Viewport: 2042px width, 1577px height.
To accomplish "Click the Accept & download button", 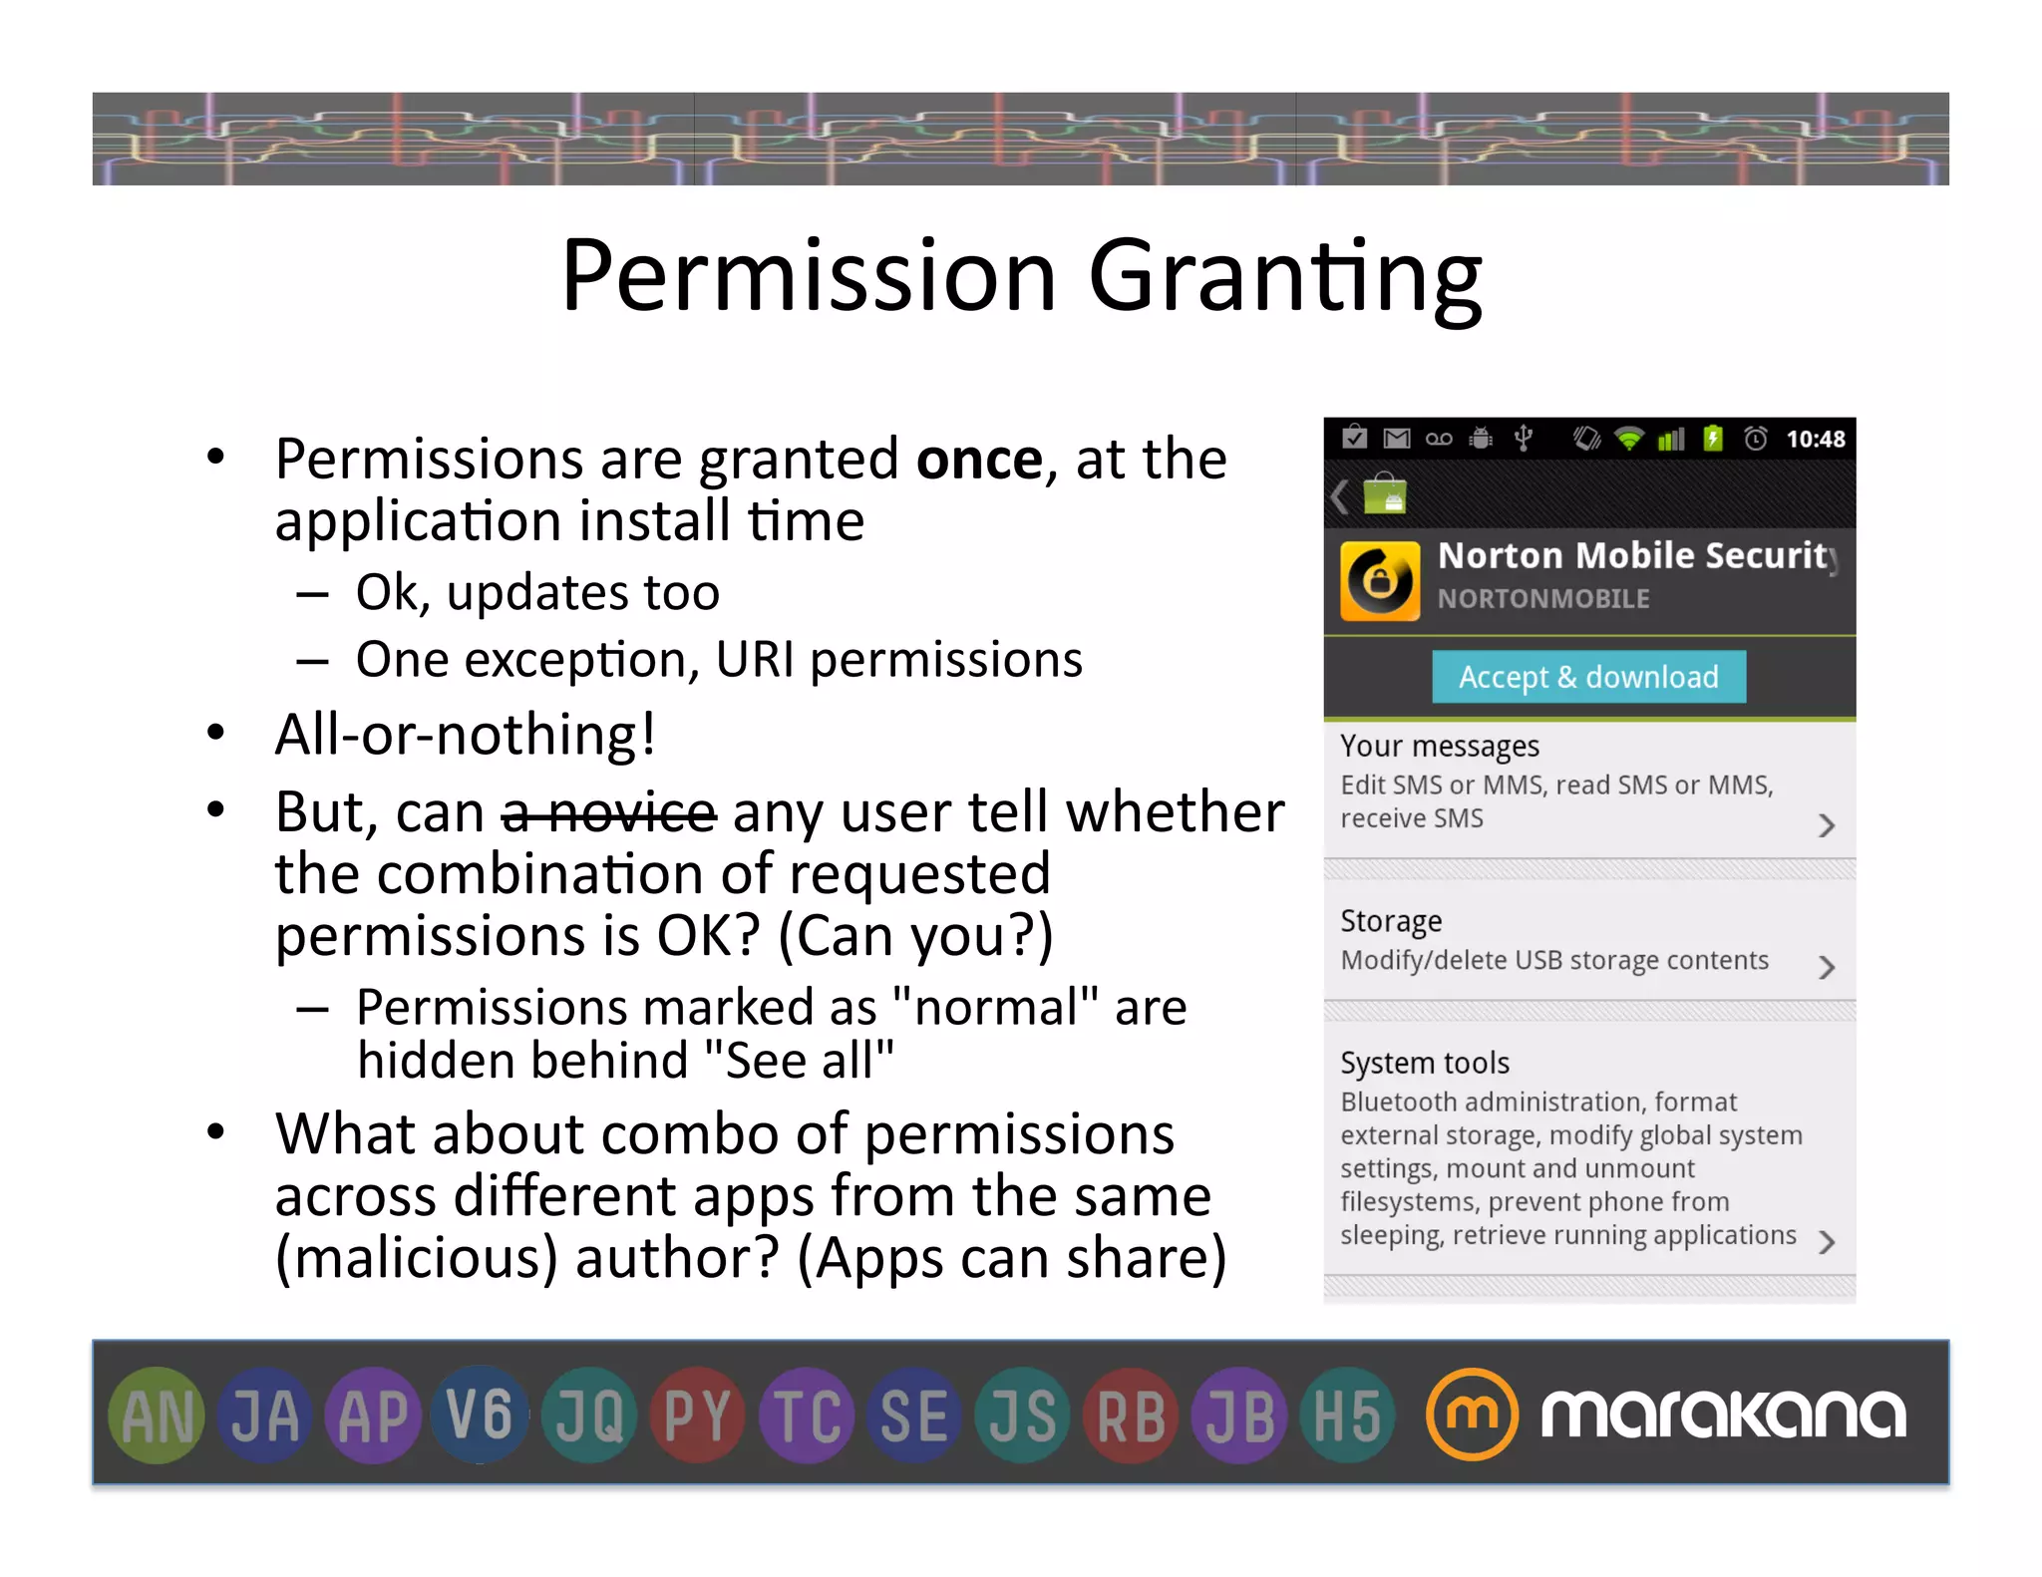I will (x=1588, y=677).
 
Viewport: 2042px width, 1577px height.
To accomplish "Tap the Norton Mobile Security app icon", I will (x=1380, y=581).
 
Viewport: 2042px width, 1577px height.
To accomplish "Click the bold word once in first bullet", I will (x=979, y=460).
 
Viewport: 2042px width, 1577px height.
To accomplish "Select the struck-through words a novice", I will (x=608, y=812).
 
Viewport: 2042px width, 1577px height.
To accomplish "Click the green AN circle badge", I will (x=157, y=1415).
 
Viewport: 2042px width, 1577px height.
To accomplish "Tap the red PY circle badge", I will (x=697, y=1415).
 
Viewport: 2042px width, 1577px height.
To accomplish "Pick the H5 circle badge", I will (x=1347, y=1415).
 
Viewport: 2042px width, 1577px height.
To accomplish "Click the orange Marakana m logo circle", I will (x=1472, y=1415).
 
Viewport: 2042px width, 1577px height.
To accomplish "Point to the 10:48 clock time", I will (x=1815, y=440).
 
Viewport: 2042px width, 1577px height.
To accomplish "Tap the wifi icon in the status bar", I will (x=1629, y=440).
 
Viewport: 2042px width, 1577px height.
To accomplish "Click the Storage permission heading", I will (x=1391, y=921).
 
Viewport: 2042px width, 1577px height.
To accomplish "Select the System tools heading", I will (x=1424, y=1063).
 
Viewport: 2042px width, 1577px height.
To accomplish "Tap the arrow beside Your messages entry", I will (x=1826, y=825).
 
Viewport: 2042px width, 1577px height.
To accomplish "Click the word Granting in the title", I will (x=1284, y=276).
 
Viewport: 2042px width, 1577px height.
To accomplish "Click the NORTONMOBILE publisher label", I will (x=1542, y=599).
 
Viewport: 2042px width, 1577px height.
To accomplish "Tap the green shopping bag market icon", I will (x=1384, y=494).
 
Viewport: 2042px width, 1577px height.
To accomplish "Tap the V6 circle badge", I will (x=481, y=1415).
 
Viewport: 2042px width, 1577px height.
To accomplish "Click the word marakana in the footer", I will (x=1723, y=1415).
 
